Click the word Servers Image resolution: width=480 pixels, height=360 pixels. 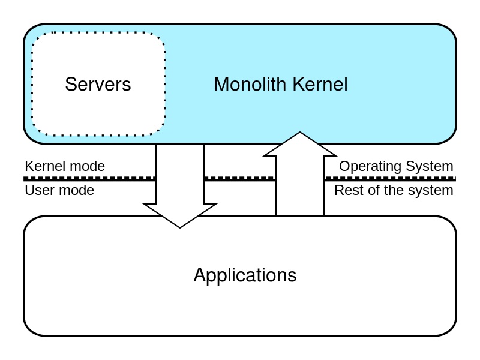[98, 84]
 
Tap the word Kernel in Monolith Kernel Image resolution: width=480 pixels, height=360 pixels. [320, 84]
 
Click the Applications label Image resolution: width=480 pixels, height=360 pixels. [245, 275]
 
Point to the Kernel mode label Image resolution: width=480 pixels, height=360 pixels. [65, 166]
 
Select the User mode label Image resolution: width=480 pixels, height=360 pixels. [59, 190]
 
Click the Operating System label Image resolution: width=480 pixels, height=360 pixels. [396, 167]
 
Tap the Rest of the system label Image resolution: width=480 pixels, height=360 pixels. [394, 190]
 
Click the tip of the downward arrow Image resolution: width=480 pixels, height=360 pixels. [180, 228]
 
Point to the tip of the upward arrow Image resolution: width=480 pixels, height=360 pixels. [300, 132]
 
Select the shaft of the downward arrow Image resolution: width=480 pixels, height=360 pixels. [180, 175]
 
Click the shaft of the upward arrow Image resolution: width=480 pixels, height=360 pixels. [300, 185]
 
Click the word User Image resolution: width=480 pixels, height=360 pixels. [38, 190]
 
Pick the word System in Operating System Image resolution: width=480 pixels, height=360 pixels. [430, 167]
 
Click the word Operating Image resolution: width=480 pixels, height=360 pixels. [371, 167]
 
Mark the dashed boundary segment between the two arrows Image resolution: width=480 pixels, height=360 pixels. [240, 178]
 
